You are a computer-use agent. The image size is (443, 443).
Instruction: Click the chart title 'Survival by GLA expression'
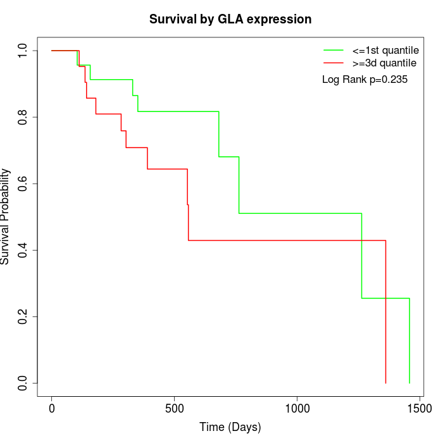point(230,19)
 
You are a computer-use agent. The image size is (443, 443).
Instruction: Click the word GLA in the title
point(231,19)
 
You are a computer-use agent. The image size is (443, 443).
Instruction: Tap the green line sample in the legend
point(334,50)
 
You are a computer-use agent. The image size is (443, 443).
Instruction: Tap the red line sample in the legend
point(334,63)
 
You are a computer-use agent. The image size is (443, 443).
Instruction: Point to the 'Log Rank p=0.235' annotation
point(365,80)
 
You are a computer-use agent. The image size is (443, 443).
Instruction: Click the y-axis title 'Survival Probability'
point(6,216)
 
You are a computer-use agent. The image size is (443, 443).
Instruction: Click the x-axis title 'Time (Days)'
point(230,427)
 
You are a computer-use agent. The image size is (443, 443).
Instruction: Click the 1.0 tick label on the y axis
point(23,50)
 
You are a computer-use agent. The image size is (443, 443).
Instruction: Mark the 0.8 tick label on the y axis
point(23,117)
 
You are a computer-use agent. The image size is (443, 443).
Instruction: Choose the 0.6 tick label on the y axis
point(23,184)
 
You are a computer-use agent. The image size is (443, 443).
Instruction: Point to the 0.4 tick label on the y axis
point(23,250)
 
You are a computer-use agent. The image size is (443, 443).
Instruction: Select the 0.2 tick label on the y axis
point(23,316)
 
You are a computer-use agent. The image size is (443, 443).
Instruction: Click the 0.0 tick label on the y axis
point(23,384)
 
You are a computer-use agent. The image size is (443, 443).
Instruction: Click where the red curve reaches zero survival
point(385,383)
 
